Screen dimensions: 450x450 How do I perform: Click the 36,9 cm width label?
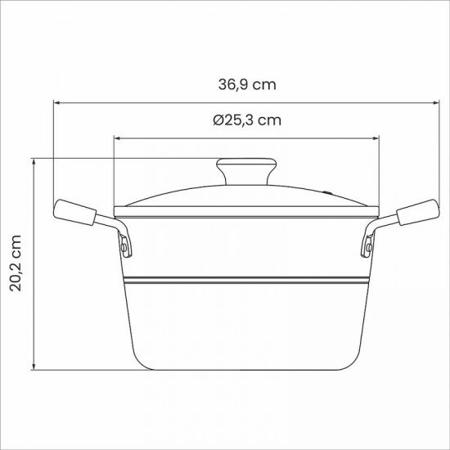[x=246, y=84]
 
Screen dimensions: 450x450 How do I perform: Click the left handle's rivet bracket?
[x=124, y=243]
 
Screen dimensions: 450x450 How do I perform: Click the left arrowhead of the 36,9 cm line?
[x=58, y=102]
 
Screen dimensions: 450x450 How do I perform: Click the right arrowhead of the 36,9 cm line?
[x=433, y=102]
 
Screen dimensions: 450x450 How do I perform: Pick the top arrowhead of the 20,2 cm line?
[x=34, y=162]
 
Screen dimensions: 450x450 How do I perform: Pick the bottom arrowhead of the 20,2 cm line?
[x=34, y=367]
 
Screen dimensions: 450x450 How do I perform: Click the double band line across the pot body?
[x=245, y=280]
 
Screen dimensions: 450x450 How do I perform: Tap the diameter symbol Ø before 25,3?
[x=218, y=119]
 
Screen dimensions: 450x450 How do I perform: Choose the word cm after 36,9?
[x=263, y=84]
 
